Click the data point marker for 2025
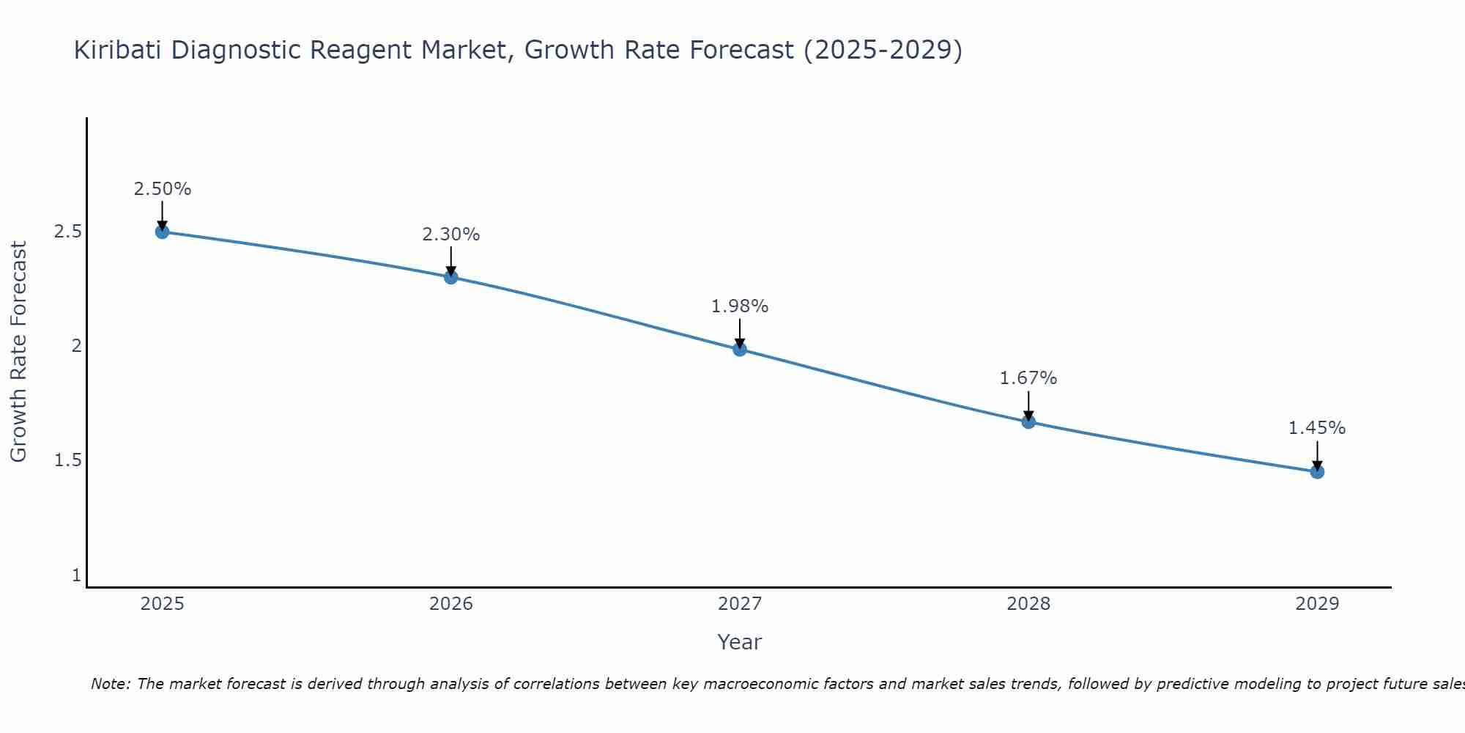tap(163, 232)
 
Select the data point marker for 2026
tap(451, 277)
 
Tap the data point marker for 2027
tap(740, 349)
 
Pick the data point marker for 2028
tap(1028, 421)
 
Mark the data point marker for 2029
tap(1317, 471)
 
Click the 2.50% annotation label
tap(163, 189)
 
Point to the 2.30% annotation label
tap(451, 235)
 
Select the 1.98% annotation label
tap(740, 306)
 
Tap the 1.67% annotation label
tap(1028, 378)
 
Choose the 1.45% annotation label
tap(1317, 428)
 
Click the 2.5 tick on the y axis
tap(67, 232)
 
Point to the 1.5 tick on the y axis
tap(67, 460)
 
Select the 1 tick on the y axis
tap(76, 575)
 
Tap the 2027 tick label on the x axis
tap(740, 604)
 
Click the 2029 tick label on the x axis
tap(1317, 604)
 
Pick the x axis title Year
tap(740, 642)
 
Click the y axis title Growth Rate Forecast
tap(19, 352)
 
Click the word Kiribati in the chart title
tap(118, 50)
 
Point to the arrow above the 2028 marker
tap(1028, 405)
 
